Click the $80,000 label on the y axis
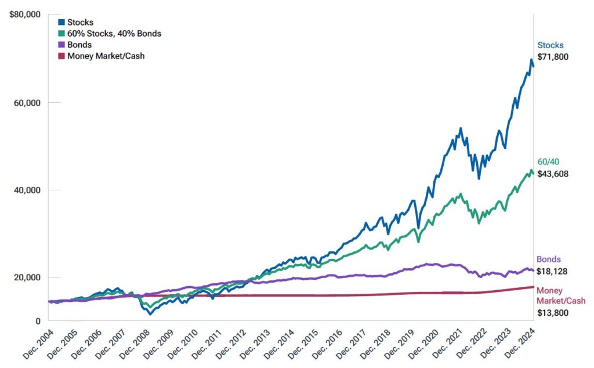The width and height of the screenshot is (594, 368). [25, 15]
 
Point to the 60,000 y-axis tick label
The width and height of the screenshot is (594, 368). [27, 103]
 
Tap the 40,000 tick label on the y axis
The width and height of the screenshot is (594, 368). [27, 190]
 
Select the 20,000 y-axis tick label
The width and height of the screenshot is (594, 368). [27, 277]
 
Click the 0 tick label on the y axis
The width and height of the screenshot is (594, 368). [38, 321]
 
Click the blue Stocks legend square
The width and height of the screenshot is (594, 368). [61, 22]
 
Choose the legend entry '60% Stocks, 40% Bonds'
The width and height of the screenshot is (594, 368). [110, 33]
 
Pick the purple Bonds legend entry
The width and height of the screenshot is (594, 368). [75, 45]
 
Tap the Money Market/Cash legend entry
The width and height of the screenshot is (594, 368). [101, 56]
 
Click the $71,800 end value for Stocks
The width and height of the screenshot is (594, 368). [553, 57]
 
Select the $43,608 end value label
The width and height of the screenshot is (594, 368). [553, 174]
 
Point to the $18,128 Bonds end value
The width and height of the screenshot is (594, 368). [552, 272]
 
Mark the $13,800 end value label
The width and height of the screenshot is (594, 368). [553, 313]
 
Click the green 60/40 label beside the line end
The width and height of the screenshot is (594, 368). [548, 162]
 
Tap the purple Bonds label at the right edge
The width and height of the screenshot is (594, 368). [549, 259]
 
